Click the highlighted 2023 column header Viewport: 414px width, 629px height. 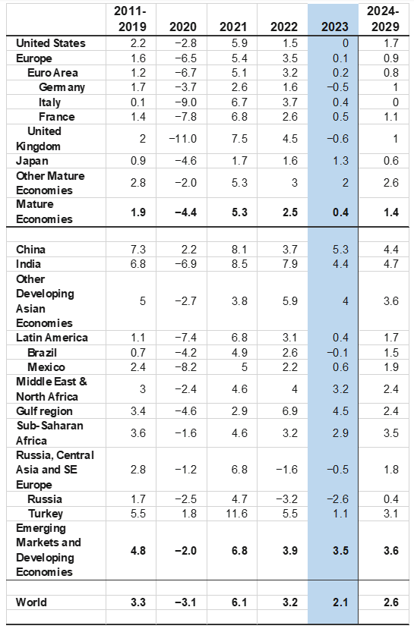pos(334,27)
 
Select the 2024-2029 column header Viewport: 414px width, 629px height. pos(384,19)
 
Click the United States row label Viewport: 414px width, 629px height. pos(51,43)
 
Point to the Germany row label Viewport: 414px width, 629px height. pos(62,87)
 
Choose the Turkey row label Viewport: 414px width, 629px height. pos(46,514)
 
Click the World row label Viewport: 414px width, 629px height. pos(31,602)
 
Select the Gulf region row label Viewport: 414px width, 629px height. pos(44,411)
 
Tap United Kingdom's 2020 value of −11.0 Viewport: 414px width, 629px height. pos(183,139)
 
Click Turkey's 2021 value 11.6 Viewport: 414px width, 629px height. pos(236,514)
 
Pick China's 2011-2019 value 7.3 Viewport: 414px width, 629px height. pos(138,250)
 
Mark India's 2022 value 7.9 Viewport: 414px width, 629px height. pos(289,264)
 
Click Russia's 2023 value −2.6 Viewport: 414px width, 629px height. pos(337,499)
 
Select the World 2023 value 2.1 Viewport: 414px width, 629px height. pos(340,602)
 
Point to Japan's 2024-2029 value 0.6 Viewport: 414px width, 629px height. pos(390,161)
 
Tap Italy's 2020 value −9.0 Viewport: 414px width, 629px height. pos(186,102)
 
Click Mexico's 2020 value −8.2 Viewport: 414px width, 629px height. pos(186,367)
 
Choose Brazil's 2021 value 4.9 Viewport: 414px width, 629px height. pos(239,353)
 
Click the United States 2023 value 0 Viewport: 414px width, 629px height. pos(346,43)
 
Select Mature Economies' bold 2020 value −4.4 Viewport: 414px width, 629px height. pos(186,212)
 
